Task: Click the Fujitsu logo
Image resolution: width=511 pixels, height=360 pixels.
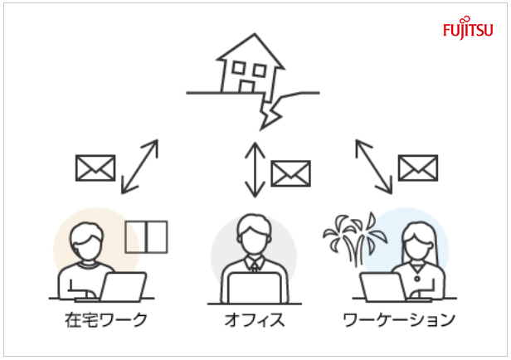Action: coord(468,28)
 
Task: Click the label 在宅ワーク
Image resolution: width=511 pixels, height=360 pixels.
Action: coord(106,319)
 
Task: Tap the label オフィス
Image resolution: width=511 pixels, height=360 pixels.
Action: coord(255,319)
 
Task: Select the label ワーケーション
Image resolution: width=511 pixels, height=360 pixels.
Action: coord(399,319)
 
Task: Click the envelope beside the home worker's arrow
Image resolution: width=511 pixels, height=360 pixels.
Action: coord(95,168)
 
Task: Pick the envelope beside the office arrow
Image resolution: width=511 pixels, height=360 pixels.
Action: coord(290,173)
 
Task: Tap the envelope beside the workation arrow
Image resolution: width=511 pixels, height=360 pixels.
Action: coord(418,168)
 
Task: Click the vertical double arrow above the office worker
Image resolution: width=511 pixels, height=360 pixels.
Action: coord(255,170)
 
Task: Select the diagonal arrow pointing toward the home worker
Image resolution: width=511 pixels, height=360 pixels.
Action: coord(140,167)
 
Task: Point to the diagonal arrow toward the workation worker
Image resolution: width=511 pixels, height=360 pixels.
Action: coord(374,167)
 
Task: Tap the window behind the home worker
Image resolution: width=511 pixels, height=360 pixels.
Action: coord(146,237)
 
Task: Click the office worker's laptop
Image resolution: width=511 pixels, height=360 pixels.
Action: coord(254,288)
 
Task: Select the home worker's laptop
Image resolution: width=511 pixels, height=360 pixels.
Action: coord(123,287)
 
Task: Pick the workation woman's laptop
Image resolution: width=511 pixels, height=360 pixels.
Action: coord(383,287)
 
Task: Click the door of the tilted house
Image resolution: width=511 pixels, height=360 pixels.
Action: coord(246,86)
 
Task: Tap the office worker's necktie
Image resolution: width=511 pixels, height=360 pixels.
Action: coord(254,267)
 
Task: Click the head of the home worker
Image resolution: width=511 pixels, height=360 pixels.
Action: coord(86,241)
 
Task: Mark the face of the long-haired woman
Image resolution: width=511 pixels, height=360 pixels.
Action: coord(418,244)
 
